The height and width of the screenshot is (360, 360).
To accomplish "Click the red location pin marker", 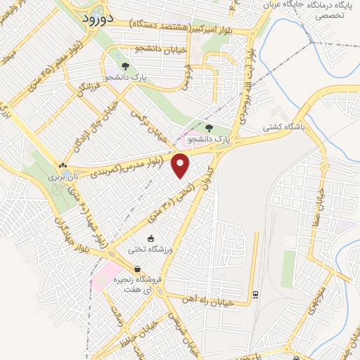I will pos(181,165).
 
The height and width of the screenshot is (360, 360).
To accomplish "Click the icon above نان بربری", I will pos(66,165).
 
